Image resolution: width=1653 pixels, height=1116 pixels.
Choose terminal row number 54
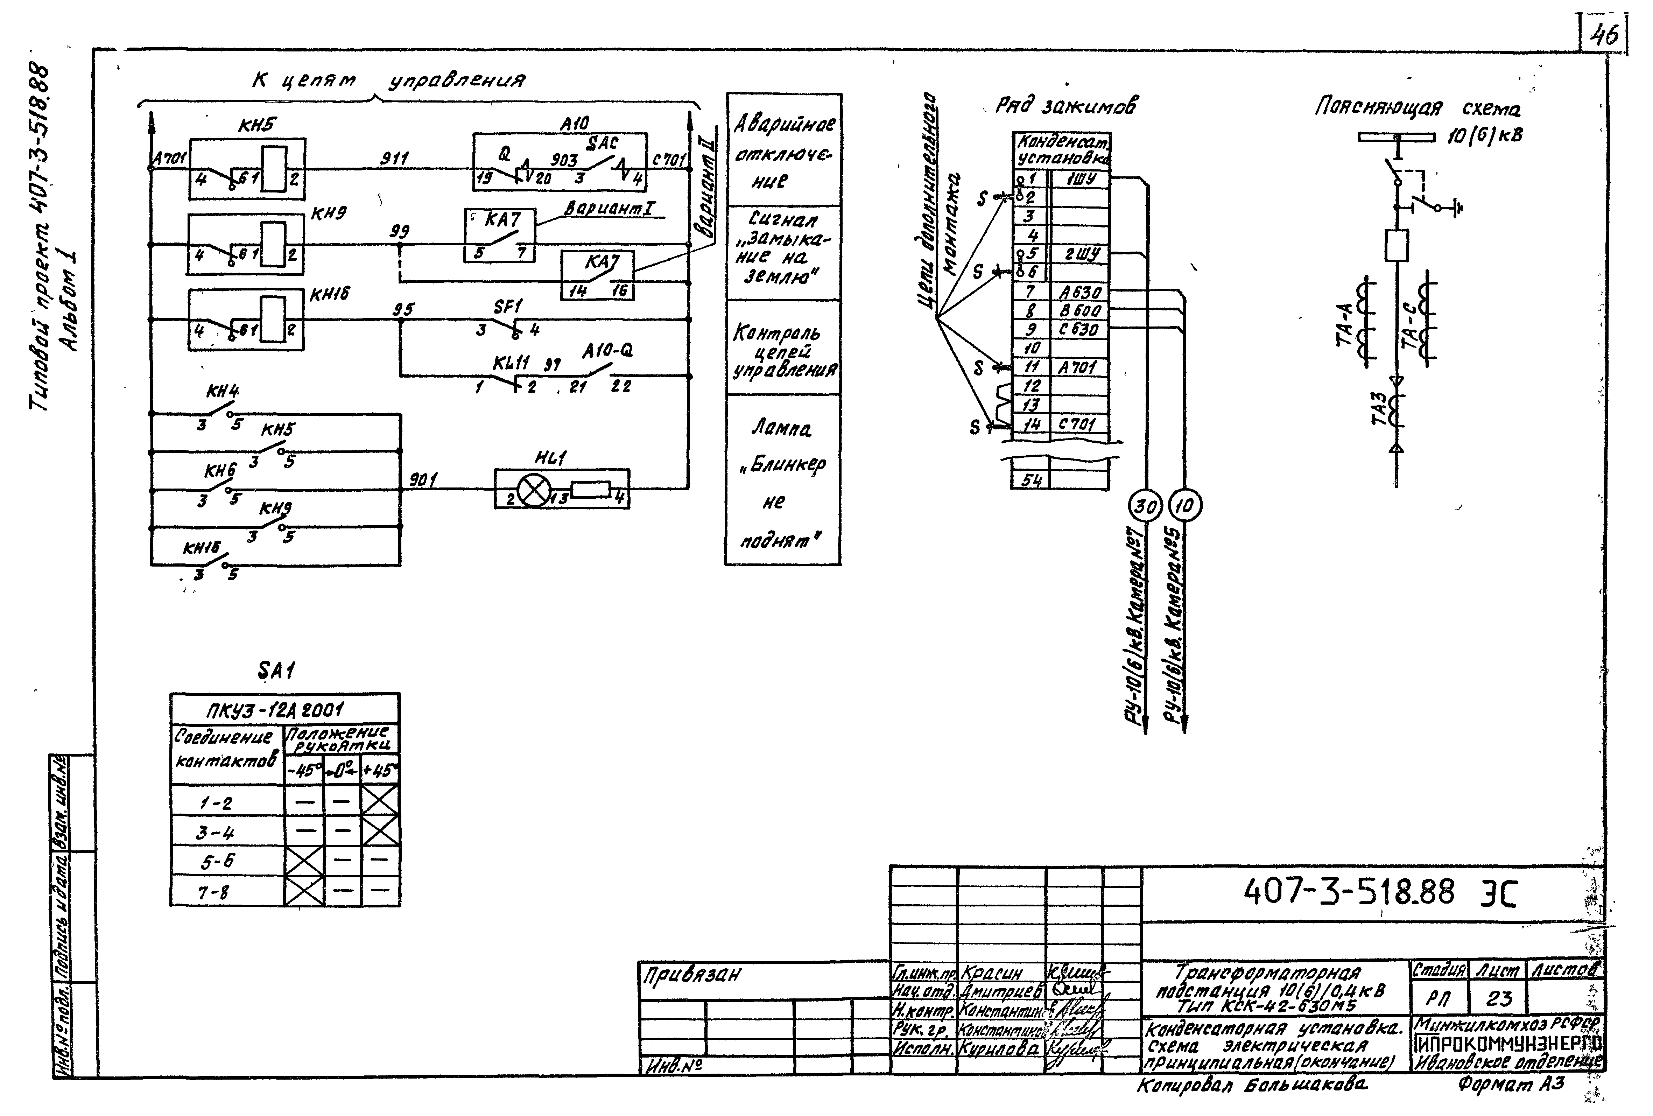tap(1031, 480)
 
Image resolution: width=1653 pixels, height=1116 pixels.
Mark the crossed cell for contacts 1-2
tap(380, 801)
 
